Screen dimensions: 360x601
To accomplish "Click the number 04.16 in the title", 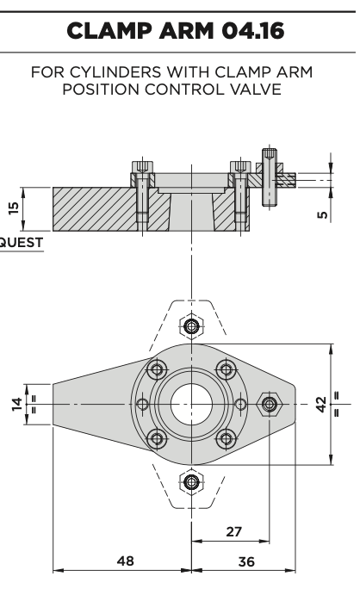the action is coord(253,31).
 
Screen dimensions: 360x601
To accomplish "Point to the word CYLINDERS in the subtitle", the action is coord(116,72).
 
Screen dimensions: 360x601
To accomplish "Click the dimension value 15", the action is coord(14,208).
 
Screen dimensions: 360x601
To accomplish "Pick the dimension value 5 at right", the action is coord(323,214).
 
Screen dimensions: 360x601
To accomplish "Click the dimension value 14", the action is coord(17,405).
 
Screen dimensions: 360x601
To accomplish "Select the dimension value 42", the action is coord(321,405).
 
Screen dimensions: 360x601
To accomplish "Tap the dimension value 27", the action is coord(234,531).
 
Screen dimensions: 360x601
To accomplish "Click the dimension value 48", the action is coord(126,561).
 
